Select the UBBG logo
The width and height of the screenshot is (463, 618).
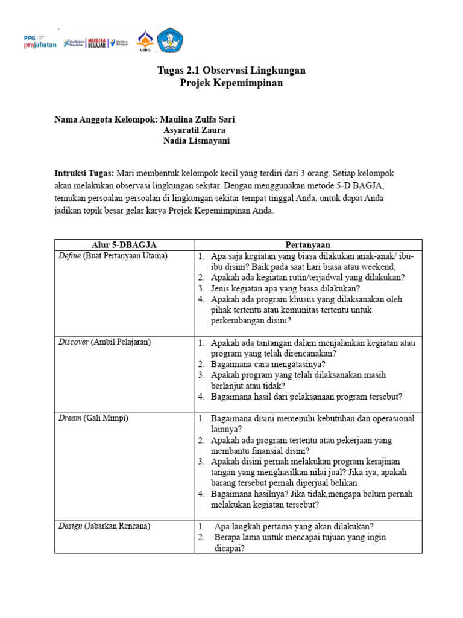[x=145, y=42]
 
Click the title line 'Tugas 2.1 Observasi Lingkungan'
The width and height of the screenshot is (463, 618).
[x=231, y=71]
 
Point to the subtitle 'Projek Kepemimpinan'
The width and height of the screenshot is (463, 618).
[x=231, y=83]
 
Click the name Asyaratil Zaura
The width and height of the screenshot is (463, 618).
[x=195, y=130]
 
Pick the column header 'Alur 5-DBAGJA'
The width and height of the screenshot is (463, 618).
[x=124, y=244]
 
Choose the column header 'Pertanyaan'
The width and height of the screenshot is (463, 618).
[x=307, y=244]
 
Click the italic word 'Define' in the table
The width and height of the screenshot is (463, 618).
[x=69, y=256]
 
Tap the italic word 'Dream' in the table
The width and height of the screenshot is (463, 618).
[x=69, y=418]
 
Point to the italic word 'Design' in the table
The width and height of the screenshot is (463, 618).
[x=70, y=526]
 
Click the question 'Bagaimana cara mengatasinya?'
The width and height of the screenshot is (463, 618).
[x=268, y=364]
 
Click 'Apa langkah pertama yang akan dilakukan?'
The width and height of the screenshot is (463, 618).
[x=294, y=526]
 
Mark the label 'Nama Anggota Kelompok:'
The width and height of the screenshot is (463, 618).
[x=106, y=119]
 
